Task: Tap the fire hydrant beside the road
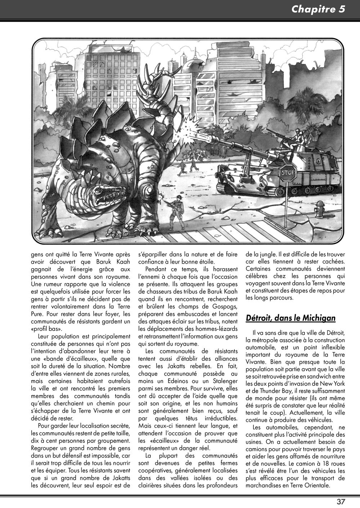[x=319, y=209]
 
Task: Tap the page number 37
[x=341, y=502]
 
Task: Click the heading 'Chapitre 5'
[x=318, y=9]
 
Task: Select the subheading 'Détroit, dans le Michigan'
[x=291, y=318]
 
